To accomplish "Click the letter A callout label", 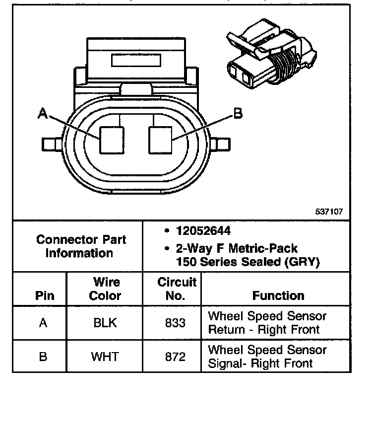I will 43,114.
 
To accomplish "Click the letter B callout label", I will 238,114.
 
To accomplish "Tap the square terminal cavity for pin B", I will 160,140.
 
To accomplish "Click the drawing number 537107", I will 329,212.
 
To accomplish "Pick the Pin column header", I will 43,296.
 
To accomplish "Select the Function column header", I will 278,296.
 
